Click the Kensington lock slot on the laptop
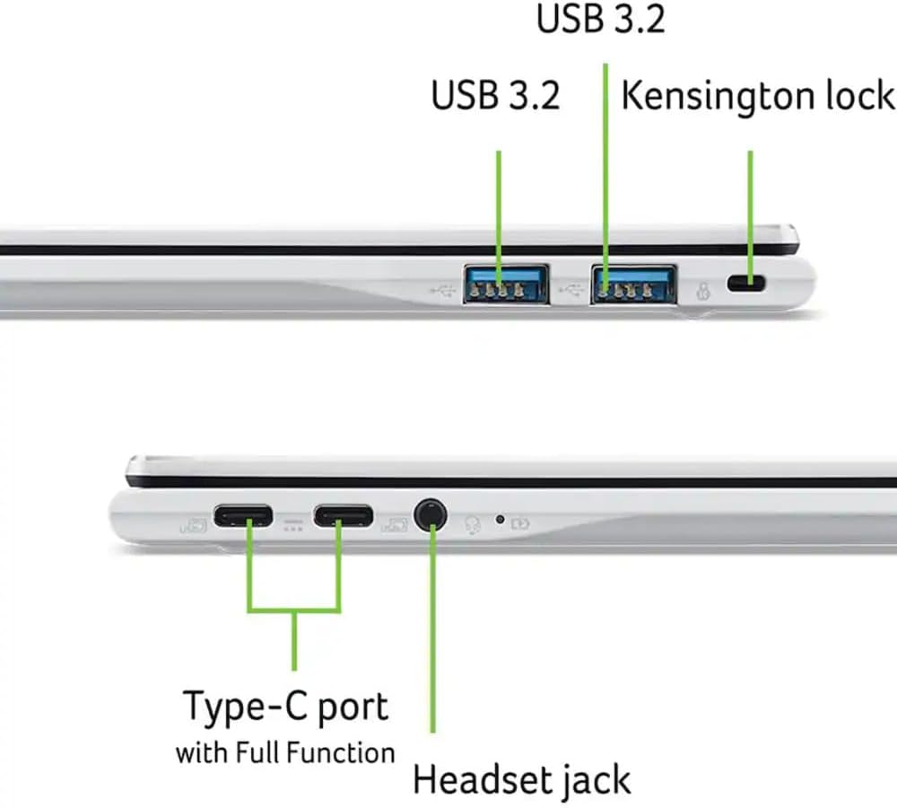[x=745, y=284]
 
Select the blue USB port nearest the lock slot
[x=633, y=284]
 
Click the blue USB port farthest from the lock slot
[x=506, y=284]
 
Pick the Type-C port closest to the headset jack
[x=343, y=516]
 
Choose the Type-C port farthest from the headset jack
[x=242, y=516]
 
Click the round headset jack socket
[x=431, y=515]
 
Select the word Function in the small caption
[x=345, y=751]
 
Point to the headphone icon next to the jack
[x=473, y=523]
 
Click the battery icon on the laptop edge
[x=520, y=523]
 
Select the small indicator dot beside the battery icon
[x=500, y=519]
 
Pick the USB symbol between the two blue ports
[x=571, y=290]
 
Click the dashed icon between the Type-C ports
[x=293, y=523]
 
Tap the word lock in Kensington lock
[x=863, y=96]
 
